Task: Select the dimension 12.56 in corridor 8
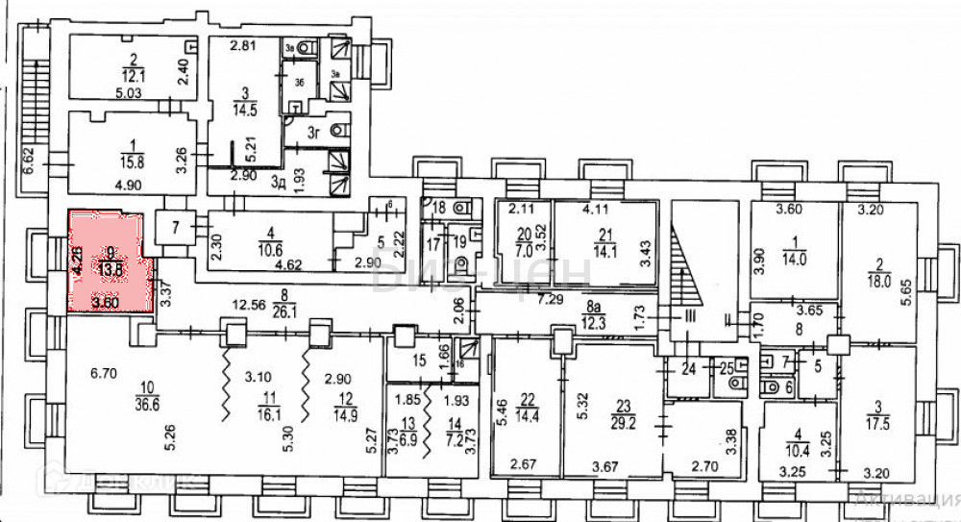[x=253, y=308]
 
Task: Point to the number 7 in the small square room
[x=175, y=228]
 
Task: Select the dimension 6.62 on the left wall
[x=29, y=159]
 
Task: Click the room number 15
[x=418, y=362]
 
